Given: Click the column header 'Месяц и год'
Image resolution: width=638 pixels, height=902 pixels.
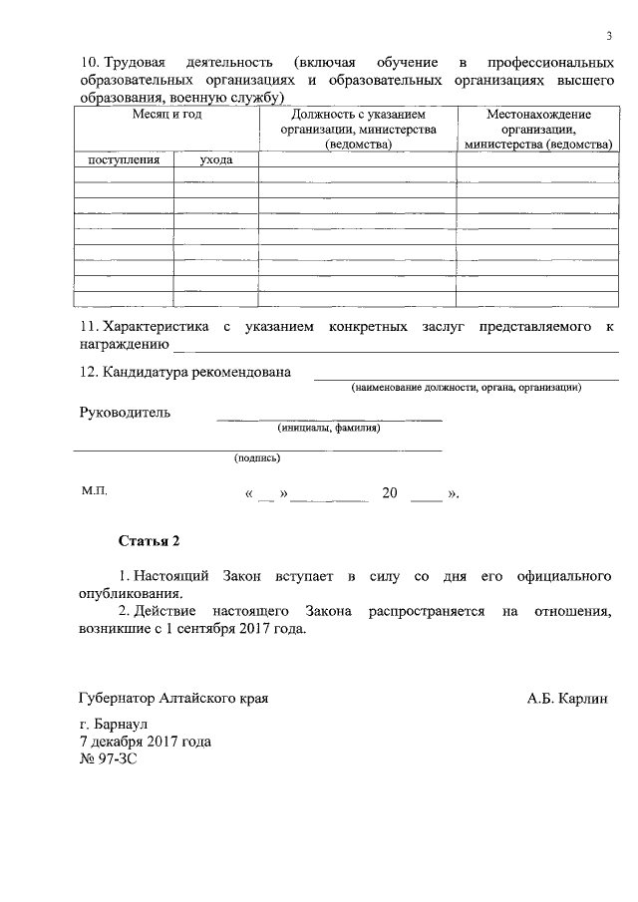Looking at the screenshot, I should (x=167, y=116).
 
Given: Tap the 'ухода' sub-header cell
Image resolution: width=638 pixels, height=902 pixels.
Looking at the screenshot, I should (x=216, y=159).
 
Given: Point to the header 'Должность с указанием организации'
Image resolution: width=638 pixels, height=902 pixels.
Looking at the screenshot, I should (x=358, y=130).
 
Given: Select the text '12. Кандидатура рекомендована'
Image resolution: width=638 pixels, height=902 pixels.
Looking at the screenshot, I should (x=185, y=372).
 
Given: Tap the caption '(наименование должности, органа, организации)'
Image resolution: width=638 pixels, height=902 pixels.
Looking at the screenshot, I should (x=466, y=388).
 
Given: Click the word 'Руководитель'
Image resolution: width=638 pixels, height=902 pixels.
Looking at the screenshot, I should (x=125, y=412).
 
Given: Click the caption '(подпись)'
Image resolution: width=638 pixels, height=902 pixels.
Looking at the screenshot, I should (x=257, y=458).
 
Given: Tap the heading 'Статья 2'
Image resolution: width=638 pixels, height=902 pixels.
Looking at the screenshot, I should (x=150, y=542).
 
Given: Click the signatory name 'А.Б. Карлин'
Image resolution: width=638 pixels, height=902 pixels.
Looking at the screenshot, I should (x=567, y=699).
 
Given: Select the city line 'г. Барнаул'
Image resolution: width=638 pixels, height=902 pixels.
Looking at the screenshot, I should (x=113, y=725).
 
